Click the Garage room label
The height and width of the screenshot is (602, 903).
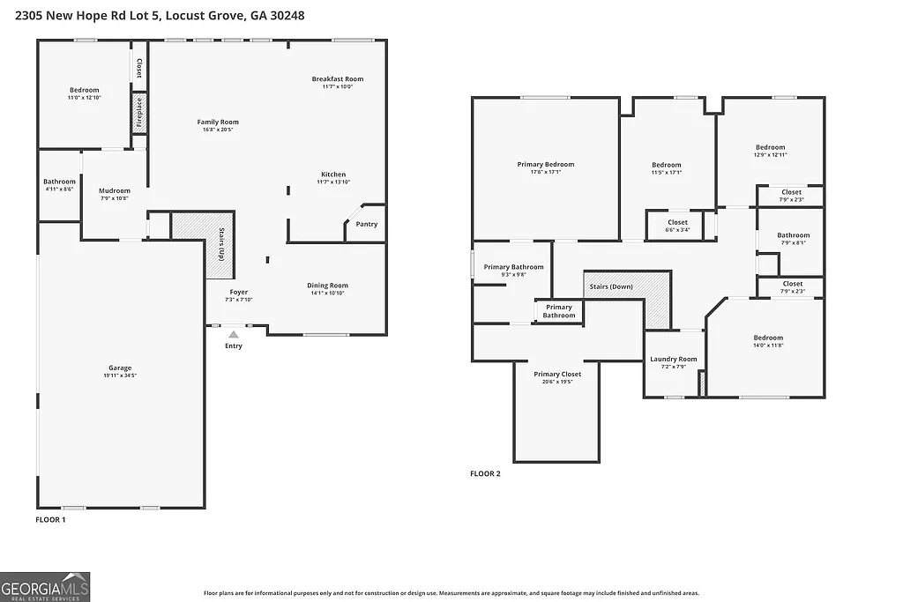(120, 368)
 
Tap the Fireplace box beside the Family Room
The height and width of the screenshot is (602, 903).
(138, 113)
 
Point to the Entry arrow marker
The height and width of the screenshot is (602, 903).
(233, 335)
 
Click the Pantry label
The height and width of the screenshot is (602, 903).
(366, 224)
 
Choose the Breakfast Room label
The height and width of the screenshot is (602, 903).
(337, 79)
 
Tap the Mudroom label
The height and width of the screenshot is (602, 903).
(115, 190)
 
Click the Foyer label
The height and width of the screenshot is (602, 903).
(239, 292)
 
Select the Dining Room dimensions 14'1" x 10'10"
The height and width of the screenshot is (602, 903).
(327, 293)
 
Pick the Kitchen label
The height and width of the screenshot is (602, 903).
(333, 175)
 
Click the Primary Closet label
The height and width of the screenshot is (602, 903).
(557, 375)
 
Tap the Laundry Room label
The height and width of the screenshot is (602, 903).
(674, 359)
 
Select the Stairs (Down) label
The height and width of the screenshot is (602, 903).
(610, 286)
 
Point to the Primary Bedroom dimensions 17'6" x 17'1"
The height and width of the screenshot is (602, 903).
(545, 172)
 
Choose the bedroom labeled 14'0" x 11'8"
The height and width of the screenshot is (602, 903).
(767, 342)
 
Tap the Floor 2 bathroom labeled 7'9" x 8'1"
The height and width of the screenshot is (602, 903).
(793, 240)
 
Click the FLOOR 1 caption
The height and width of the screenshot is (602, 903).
(50, 520)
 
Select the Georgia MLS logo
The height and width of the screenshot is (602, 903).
(45, 587)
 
